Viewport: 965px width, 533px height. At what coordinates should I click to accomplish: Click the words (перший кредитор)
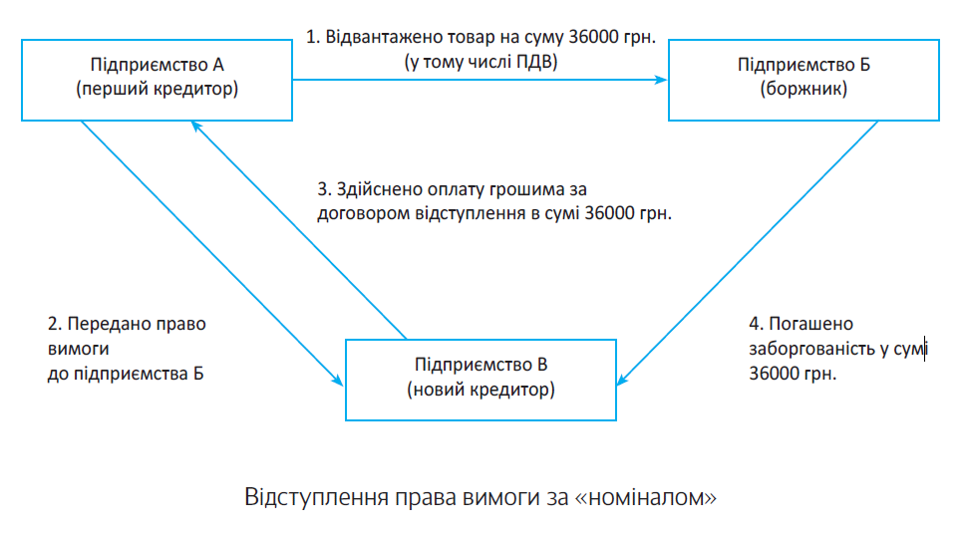[157, 89]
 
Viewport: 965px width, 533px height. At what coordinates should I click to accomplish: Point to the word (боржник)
[804, 89]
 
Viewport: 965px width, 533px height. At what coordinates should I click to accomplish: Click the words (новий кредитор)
[481, 390]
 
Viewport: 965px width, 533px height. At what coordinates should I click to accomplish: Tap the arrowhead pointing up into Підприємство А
[196, 126]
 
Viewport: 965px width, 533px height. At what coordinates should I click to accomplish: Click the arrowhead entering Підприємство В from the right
[623, 379]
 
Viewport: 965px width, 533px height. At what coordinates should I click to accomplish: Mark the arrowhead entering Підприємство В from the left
[337, 380]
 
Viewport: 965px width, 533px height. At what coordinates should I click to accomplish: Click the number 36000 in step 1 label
[593, 37]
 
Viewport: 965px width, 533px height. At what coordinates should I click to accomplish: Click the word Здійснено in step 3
[379, 189]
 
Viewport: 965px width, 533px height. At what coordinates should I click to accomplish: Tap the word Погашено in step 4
[810, 324]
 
